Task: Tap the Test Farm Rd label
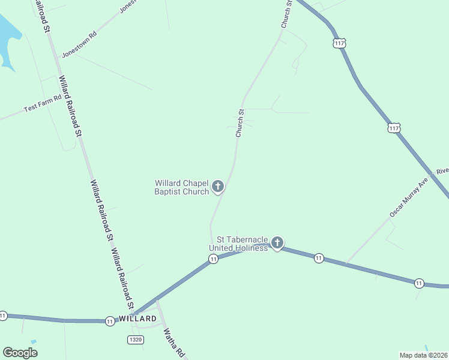click(43, 103)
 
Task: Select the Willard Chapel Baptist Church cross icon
click(218, 187)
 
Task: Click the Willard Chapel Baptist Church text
click(181, 187)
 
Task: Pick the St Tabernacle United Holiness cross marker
click(277, 243)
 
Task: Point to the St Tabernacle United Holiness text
click(238, 244)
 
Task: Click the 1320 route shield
click(136, 340)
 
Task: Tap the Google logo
click(20, 352)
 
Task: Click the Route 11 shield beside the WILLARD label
click(110, 322)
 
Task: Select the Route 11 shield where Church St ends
click(213, 259)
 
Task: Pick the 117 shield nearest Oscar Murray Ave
click(394, 128)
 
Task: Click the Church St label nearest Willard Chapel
click(240, 123)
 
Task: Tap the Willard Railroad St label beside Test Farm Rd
click(70, 107)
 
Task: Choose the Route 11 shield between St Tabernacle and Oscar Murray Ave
click(319, 258)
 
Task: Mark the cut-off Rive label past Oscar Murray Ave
click(442, 171)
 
